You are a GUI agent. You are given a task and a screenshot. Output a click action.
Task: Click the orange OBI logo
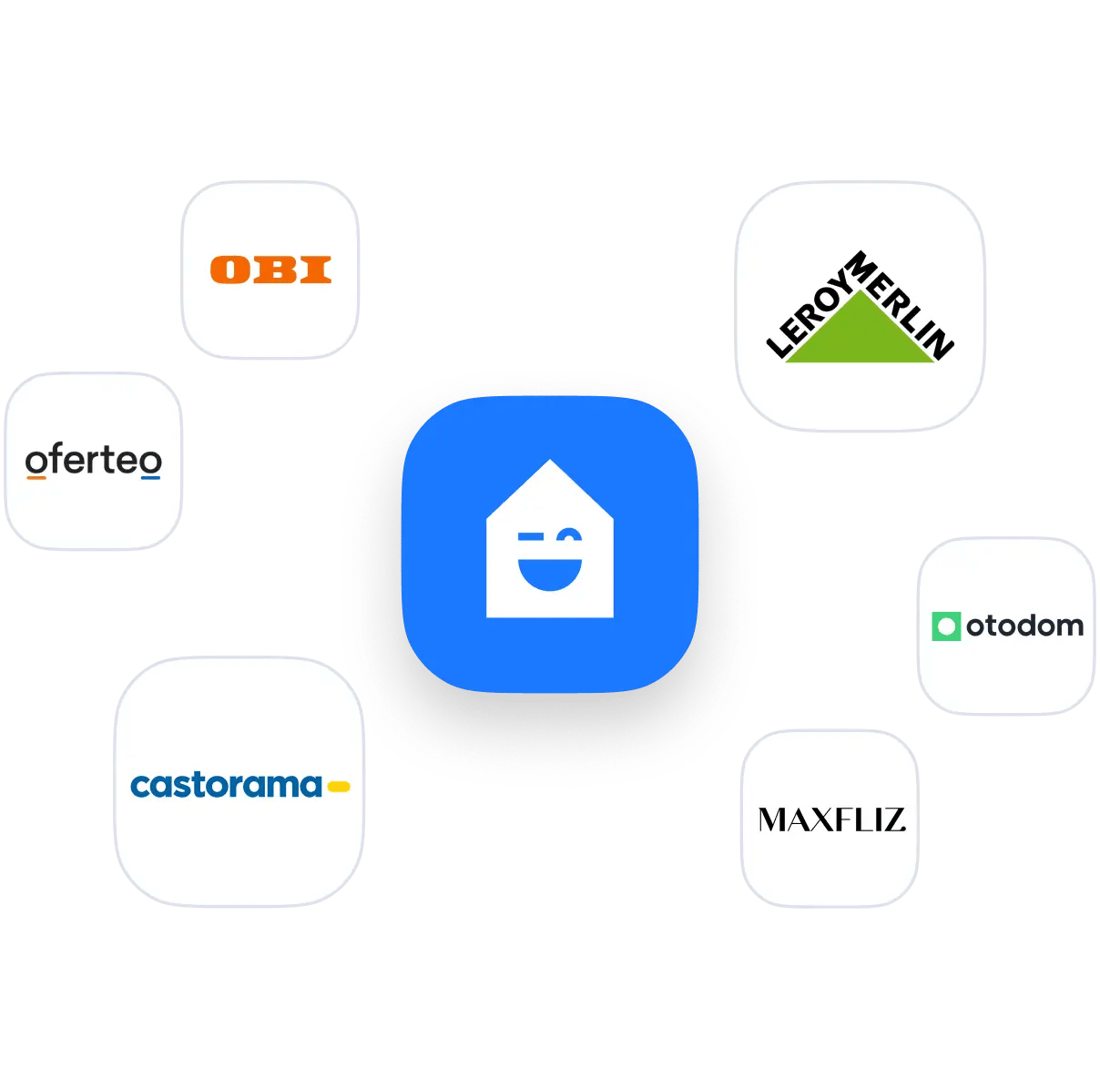click(270, 269)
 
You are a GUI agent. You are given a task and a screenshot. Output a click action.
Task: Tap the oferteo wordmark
click(94, 460)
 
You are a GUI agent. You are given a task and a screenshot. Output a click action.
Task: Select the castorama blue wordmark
click(226, 786)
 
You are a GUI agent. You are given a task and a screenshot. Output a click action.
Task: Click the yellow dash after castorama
click(339, 787)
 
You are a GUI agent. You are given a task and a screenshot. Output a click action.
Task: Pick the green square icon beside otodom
click(946, 626)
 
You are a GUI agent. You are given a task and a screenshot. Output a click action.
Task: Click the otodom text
click(1024, 626)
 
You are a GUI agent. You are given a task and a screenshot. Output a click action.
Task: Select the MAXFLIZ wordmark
click(831, 820)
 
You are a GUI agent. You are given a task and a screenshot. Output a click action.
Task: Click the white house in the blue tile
click(550, 538)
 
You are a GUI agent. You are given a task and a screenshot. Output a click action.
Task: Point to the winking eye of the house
click(569, 535)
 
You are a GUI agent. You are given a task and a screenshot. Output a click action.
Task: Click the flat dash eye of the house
click(530, 536)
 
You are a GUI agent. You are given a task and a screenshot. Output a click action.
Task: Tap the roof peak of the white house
click(550, 460)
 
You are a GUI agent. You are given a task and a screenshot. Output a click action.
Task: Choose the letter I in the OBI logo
click(316, 269)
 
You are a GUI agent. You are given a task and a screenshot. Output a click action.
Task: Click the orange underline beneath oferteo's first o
click(36, 477)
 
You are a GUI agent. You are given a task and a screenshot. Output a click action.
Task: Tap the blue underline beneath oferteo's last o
click(150, 477)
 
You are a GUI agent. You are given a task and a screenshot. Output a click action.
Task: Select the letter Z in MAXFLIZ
click(892, 820)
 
